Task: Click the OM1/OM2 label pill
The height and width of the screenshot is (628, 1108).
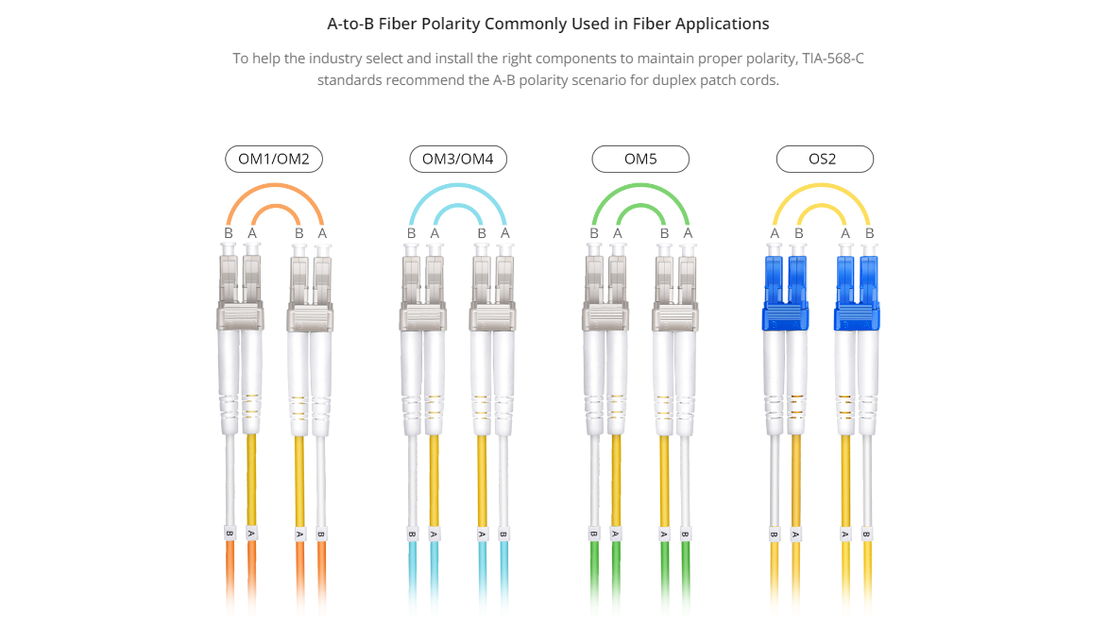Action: click(x=274, y=159)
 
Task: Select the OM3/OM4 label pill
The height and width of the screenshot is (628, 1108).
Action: click(x=458, y=159)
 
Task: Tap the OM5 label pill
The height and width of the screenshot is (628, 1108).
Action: click(x=640, y=159)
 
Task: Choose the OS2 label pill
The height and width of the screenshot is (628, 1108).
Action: click(x=825, y=159)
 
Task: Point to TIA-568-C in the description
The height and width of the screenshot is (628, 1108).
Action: click(x=832, y=59)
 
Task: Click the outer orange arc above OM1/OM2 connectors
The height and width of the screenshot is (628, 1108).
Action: click(x=275, y=185)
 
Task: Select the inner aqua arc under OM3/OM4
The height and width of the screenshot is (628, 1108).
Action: click(x=458, y=206)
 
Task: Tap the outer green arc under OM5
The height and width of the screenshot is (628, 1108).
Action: click(x=640, y=185)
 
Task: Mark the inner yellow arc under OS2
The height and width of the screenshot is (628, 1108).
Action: click(x=821, y=206)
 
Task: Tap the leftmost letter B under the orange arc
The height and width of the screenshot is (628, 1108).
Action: click(x=229, y=233)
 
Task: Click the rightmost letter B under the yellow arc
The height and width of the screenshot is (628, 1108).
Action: click(x=869, y=233)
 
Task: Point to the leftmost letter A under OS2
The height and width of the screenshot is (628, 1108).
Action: click(x=775, y=233)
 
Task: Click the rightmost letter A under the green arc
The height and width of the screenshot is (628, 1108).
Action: click(x=688, y=233)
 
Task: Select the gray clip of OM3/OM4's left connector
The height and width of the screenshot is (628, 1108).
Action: click(x=422, y=316)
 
